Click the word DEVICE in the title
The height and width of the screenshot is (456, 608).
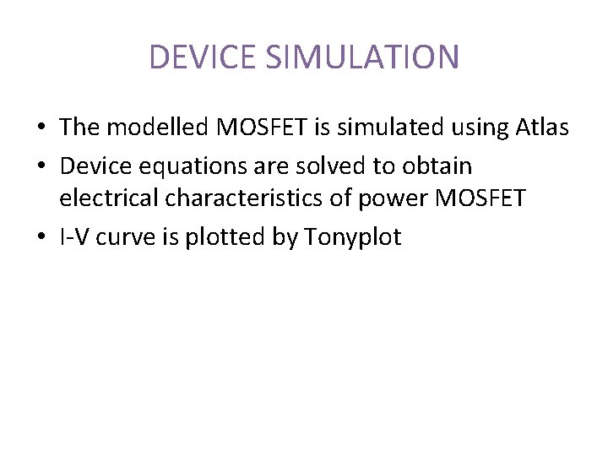click(x=203, y=57)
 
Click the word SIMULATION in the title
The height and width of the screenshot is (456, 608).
click(x=362, y=57)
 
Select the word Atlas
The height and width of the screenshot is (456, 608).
click(x=540, y=128)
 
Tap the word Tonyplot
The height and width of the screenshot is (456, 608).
click(x=353, y=237)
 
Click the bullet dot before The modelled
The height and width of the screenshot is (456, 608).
click(x=41, y=128)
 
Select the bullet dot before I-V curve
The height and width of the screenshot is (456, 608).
click(x=41, y=238)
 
